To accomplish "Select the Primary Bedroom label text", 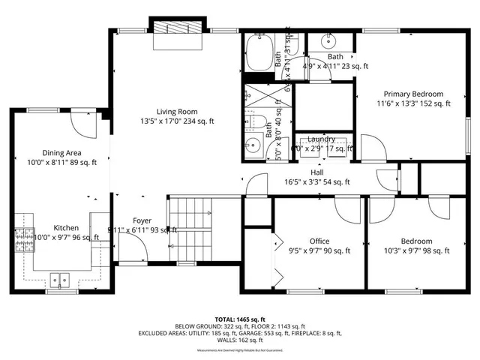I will tap(414, 94).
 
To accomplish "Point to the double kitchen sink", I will tap(60, 280).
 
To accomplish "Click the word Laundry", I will tap(321, 139).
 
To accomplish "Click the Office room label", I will tap(320, 241).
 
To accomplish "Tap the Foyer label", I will tap(142, 220).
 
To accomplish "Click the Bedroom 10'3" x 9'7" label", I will tap(416, 241).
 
